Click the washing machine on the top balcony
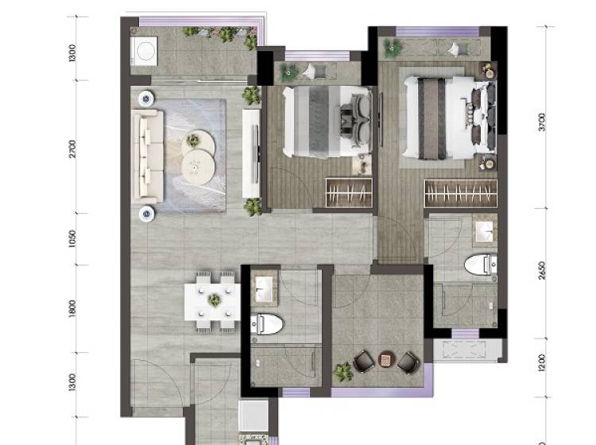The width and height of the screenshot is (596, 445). pos(144,52)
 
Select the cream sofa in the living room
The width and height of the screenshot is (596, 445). pos(148,157)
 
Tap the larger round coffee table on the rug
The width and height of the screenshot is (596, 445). pos(198,167)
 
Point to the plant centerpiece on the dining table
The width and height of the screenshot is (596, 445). pos(215,300)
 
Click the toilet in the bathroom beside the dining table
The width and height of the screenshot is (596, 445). pos(267,324)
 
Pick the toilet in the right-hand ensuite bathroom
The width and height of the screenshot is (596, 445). pos(481,265)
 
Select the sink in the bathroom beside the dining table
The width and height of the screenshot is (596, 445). pos(265,289)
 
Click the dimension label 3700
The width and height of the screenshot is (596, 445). pos(542,122)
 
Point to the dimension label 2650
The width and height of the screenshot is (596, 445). pos(542,270)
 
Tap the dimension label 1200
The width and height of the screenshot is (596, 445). pos(542,362)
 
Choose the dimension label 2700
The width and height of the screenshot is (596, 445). pos(72,149)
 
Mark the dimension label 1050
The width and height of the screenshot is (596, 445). pos(72,238)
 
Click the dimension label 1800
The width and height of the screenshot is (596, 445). pos(72,308)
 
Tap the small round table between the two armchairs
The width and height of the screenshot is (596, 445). pos(385,359)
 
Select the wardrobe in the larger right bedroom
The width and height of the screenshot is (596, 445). pos(461,193)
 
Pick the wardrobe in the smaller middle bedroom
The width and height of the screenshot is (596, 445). pos(349,192)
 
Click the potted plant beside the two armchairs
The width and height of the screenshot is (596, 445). pos(343,372)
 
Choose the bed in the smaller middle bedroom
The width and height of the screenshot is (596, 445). pos(327,122)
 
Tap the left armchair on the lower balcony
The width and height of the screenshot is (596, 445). pos(364,361)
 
